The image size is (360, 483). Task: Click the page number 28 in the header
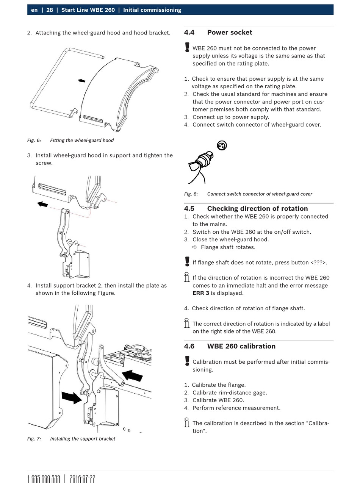pyautogui.click(x=50, y=10)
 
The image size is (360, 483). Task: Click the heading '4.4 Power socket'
pyautogui.click(x=218, y=33)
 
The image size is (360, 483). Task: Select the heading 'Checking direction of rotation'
pyautogui.click(x=257, y=208)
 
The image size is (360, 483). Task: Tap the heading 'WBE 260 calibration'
pyautogui.click(x=241, y=346)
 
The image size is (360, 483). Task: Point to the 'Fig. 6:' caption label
pyautogui.click(x=34, y=141)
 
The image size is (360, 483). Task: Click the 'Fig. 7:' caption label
pyautogui.click(x=34, y=439)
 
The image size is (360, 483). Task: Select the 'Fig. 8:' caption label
pyautogui.click(x=191, y=194)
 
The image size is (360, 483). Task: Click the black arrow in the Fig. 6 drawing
pyautogui.click(x=81, y=81)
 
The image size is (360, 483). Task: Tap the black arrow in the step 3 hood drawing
pyautogui.click(x=43, y=204)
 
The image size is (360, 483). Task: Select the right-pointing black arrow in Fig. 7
pyautogui.click(x=71, y=397)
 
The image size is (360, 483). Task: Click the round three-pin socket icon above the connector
pyautogui.click(x=222, y=145)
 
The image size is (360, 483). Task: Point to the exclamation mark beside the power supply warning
pyautogui.click(x=187, y=47)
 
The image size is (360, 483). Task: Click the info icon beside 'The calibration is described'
pyautogui.click(x=187, y=422)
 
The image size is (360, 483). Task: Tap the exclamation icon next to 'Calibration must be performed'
pyautogui.click(x=187, y=361)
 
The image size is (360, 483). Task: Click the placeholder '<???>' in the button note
pyautogui.click(x=318, y=263)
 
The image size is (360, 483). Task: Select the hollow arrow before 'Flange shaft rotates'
pyautogui.click(x=195, y=247)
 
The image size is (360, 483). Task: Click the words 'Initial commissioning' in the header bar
pyautogui.click(x=152, y=10)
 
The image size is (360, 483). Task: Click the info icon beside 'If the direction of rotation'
pyautogui.click(x=187, y=277)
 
